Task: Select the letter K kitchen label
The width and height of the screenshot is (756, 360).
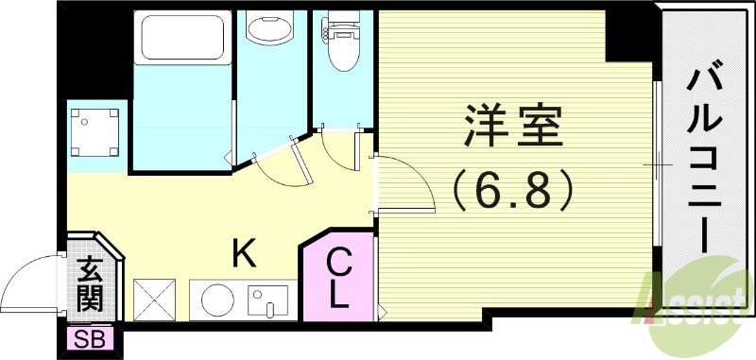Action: [x=244, y=252]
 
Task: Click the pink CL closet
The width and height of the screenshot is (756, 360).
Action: [x=337, y=279]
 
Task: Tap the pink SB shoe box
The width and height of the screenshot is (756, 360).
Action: [x=90, y=338]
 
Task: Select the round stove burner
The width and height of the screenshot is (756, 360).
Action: [x=216, y=300]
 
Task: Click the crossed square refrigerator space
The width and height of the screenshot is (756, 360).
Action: [x=154, y=299]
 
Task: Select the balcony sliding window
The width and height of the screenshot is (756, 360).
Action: [x=654, y=164]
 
